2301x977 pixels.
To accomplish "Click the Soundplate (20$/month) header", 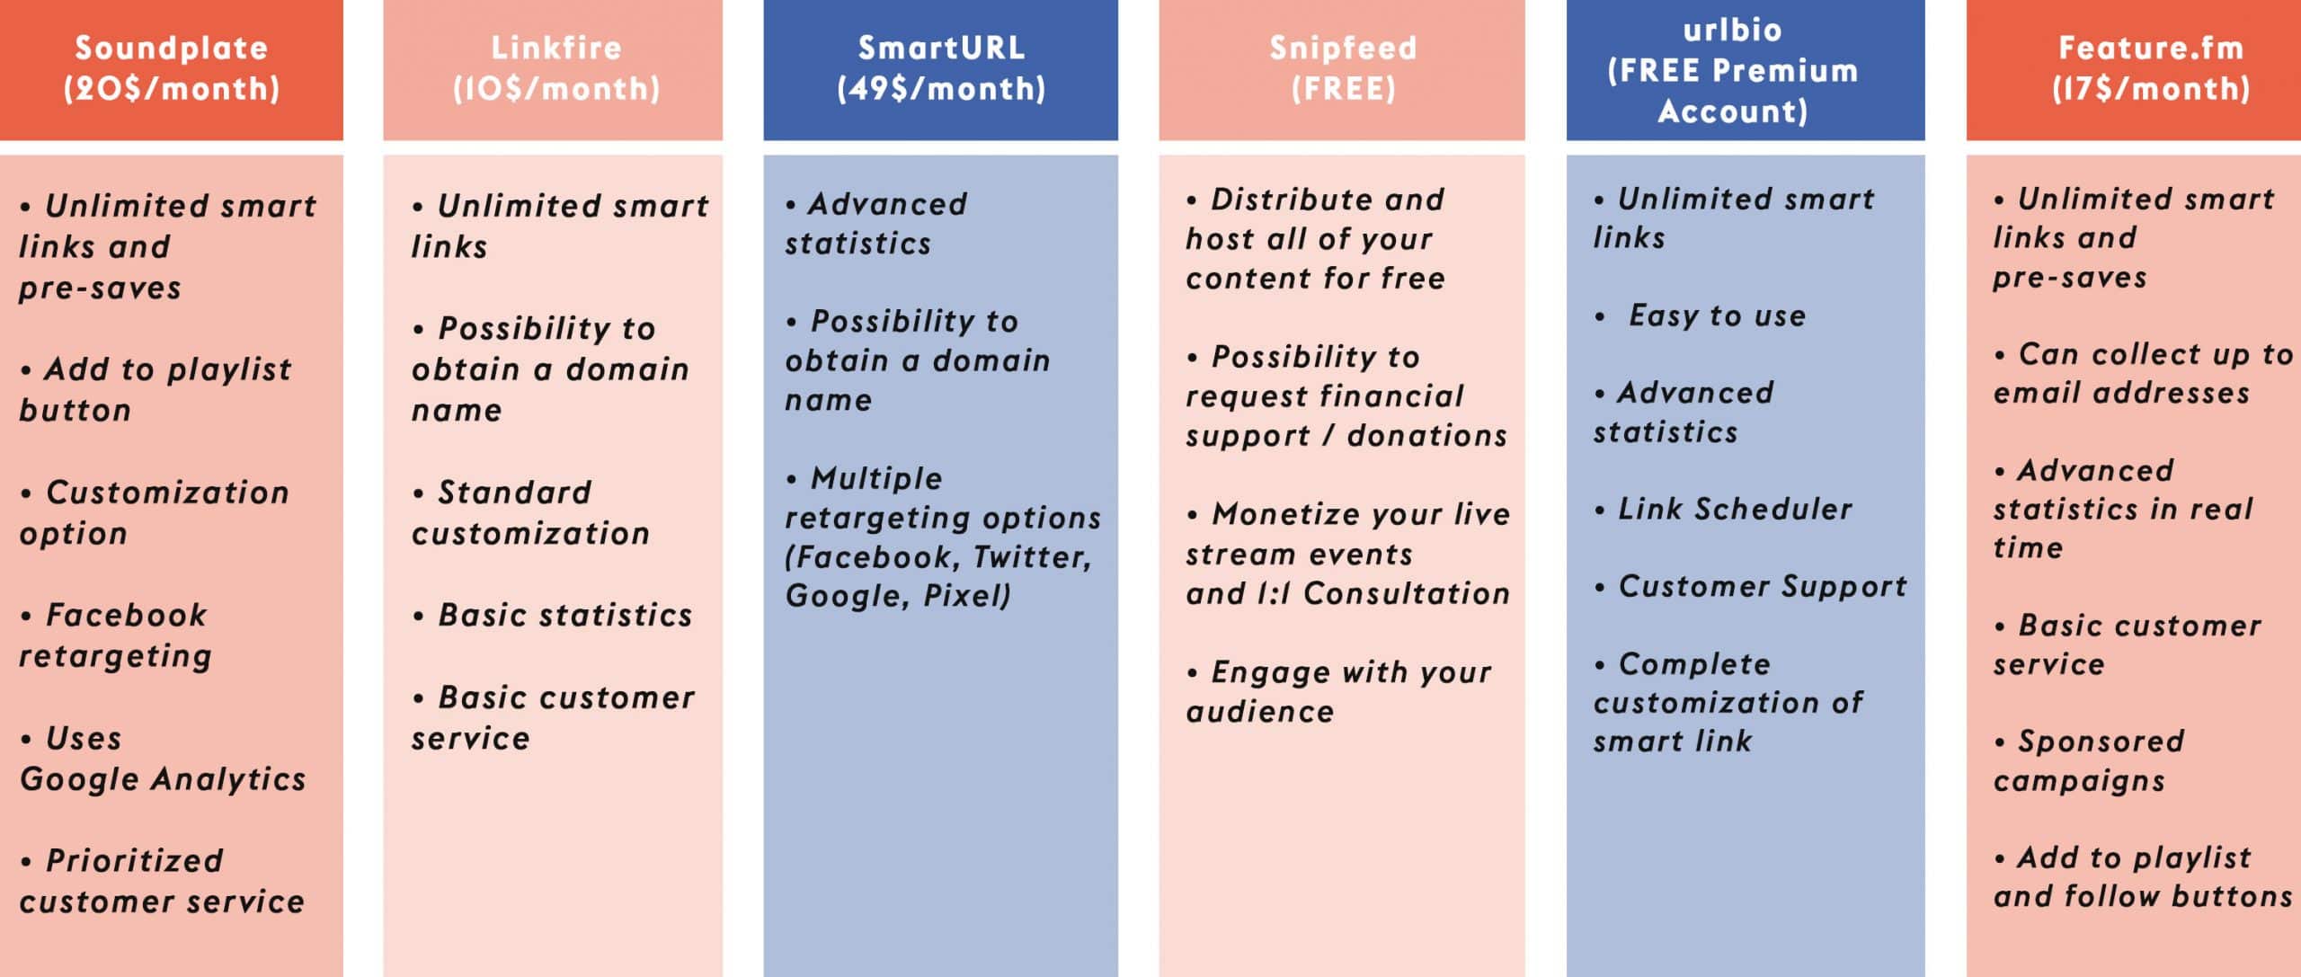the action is click(x=171, y=68).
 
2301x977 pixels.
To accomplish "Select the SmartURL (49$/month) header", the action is click(x=941, y=68).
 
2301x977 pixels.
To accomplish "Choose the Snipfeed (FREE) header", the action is click(x=1343, y=68).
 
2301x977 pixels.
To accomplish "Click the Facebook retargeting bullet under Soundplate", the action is click(x=115, y=635).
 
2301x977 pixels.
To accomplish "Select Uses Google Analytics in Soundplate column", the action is click(x=163, y=759).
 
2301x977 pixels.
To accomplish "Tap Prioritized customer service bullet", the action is click(x=162, y=881).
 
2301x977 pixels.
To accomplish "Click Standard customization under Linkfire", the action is click(x=530, y=512).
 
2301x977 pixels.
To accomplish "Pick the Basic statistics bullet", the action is click(x=552, y=616).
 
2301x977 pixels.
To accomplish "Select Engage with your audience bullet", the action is click(x=1338, y=691).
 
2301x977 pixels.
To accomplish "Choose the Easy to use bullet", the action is click(x=1700, y=315).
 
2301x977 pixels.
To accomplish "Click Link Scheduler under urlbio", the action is click(x=1723, y=510).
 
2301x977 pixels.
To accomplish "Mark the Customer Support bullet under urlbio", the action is click(x=1750, y=587).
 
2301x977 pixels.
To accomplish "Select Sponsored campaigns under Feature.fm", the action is click(x=2089, y=760).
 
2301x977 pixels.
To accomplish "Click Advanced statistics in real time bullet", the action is click(x=2123, y=509).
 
